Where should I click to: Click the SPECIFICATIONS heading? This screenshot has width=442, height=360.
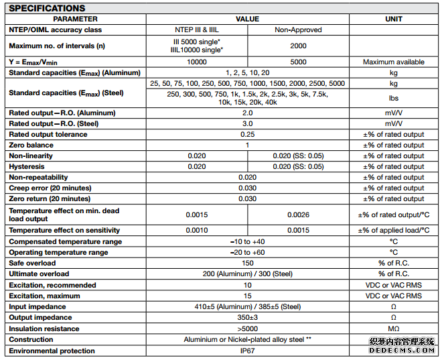point(48,8)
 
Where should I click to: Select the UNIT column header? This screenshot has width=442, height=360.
point(394,19)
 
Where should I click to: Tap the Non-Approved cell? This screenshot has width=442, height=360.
point(298,29)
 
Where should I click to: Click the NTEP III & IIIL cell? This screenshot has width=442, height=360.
point(196,29)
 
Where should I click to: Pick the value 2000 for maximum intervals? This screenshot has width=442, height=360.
point(298,46)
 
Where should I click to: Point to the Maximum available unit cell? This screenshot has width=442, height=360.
point(394,62)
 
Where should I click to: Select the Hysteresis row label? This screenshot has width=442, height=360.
point(27,166)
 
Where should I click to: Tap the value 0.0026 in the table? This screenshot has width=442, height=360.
point(298,215)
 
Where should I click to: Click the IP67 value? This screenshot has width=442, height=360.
point(247,351)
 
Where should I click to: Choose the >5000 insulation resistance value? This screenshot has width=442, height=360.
point(247,328)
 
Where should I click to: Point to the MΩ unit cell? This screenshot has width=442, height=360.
point(394,328)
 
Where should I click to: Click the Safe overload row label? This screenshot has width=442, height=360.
point(34,263)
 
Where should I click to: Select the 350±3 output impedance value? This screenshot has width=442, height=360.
point(247,318)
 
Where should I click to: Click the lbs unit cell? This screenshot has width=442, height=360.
point(394,98)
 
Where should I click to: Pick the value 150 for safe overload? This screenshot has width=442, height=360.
point(247,263)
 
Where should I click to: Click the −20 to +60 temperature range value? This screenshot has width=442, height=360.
point(247,252)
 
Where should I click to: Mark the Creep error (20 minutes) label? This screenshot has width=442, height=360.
point(50,188)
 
